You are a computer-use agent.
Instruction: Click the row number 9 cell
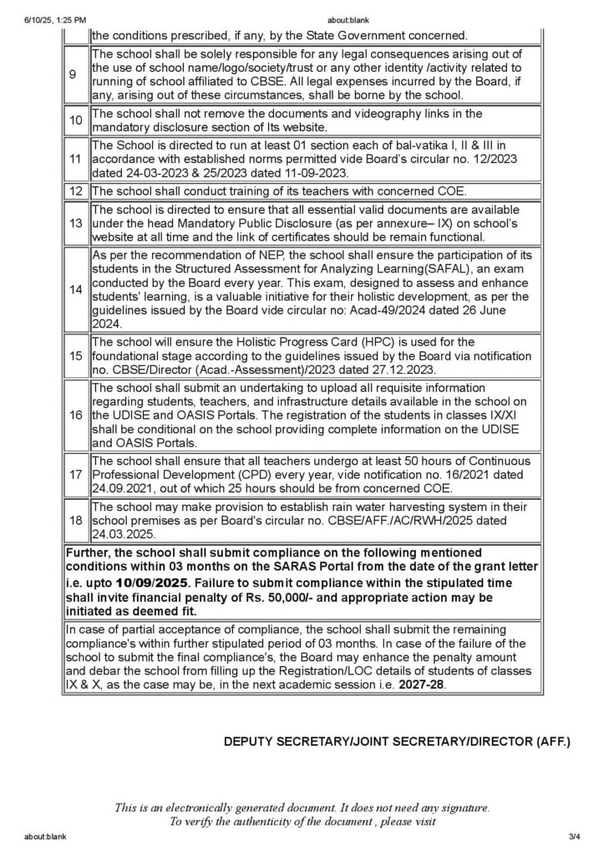[x=75, y=74]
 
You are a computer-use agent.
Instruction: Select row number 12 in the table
[x=75, y=191]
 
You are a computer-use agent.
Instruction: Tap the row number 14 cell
[x=75, y=288]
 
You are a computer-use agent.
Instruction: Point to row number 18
[x=75, y=519]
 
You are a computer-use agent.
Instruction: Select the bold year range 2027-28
[x=423, y=683]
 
